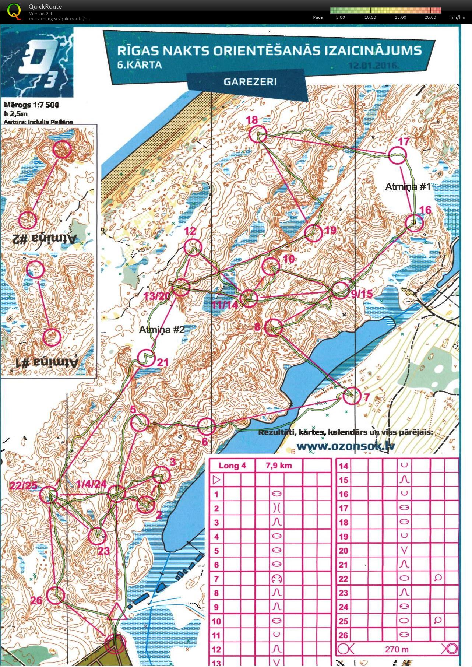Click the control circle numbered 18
[258, 134]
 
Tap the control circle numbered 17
[397, 155]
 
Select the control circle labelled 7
[352, 396]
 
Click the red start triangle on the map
[117, 612]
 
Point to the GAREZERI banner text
[250, 81]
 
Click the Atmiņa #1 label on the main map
[408, 187]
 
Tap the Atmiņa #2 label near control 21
[162, 329]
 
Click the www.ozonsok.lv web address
[345, 446]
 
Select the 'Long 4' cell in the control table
[232, 466]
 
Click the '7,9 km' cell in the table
[279, 466]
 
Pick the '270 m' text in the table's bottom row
[397, 649]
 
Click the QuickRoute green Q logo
[14, 11]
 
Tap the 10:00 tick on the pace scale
[370, 17]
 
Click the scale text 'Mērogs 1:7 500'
[31, 105]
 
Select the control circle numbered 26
[56, 595]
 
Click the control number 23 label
[104, 551]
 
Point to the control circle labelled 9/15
[340, 289]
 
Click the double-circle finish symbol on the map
[116, 643]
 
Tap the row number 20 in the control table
[343, 551]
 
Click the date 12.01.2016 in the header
[373, 66]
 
